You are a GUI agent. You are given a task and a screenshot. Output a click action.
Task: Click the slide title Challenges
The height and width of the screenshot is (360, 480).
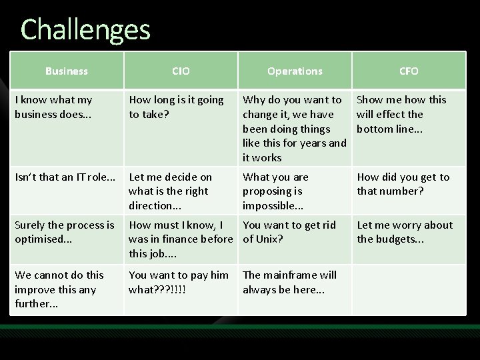point(85,29)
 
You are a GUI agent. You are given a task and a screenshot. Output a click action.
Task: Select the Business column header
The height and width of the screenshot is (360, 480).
point(66,71)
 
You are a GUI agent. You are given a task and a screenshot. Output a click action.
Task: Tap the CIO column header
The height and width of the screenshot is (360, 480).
point(181,71)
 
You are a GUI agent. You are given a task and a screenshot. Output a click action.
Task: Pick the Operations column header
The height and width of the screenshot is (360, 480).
point(295,71)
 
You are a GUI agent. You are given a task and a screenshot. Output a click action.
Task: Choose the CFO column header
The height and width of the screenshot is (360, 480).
point(409,71)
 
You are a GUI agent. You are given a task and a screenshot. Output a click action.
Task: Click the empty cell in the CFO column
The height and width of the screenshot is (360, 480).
point(409,289)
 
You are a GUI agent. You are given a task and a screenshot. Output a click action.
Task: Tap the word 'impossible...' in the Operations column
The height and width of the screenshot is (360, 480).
point(274,205)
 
